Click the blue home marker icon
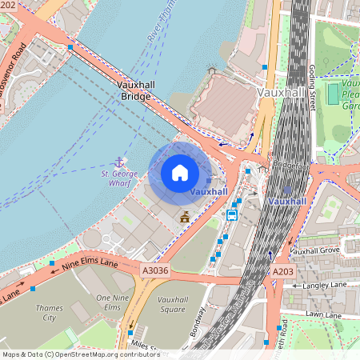[x=180, y=173]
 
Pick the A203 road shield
[x=283, y=273]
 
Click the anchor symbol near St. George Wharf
[x=120, y=162]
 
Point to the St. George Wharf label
[x=119, y=178]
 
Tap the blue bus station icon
[x=232, y=214]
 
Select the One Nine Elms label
[x=113, y=303]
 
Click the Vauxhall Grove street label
[x=316, y=251]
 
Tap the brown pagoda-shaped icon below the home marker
[x=186, y=216]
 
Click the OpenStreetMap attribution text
[x=81, y=354]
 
